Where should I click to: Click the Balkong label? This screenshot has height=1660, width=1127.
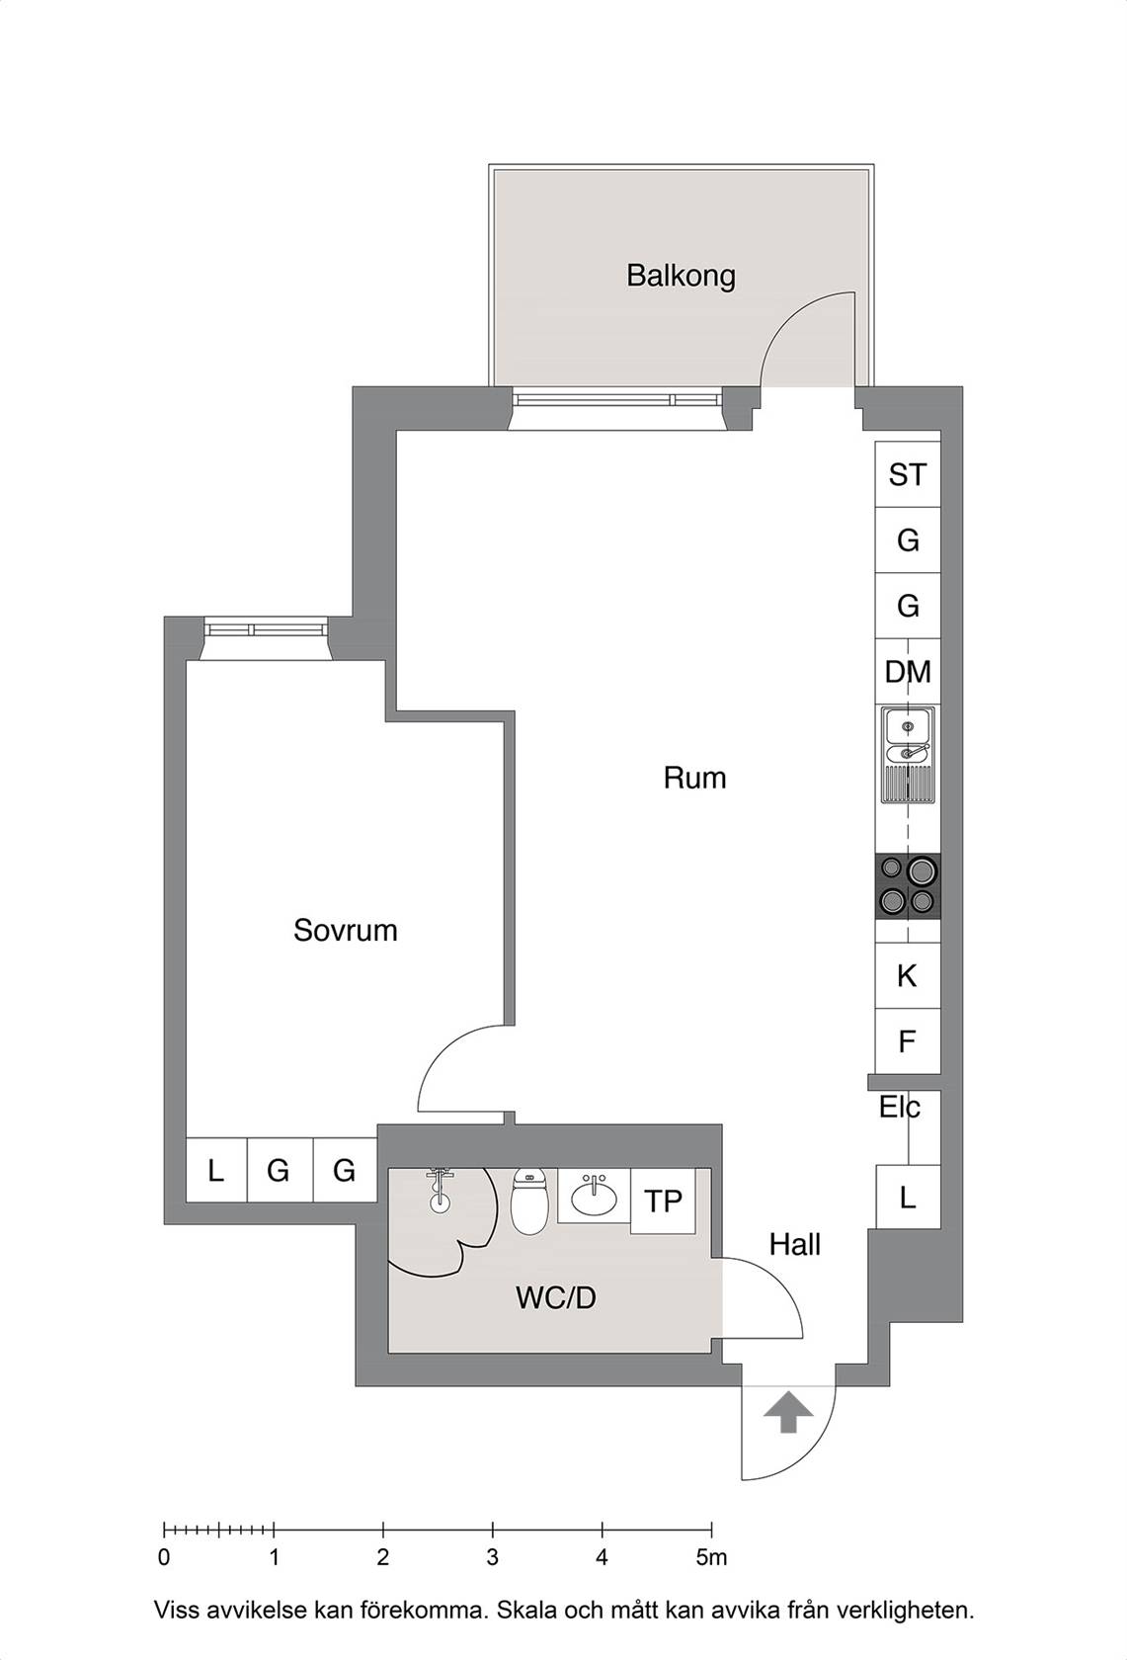[681, 276]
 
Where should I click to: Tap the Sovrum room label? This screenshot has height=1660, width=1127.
[346, 930]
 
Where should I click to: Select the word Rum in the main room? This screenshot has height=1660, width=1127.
[694, 779]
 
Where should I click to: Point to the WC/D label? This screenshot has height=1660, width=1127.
[556, 1298]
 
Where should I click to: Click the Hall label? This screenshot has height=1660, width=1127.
[794, 1244]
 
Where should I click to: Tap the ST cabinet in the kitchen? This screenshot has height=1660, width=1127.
[908, 474]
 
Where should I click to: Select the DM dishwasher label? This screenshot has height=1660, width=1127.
[908, 672]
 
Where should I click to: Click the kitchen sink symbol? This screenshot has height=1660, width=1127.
[908, 755]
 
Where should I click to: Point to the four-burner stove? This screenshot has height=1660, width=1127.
[908, 886]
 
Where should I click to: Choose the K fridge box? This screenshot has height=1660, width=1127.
[908, 975]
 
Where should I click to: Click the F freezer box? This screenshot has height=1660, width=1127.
[908, 1041]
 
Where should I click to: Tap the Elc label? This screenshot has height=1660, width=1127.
[900, 1108]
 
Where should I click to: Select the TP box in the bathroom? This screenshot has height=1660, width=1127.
[663, 1202]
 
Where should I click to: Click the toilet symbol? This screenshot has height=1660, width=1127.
[528, 1202]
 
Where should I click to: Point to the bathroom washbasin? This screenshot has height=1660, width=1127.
[594, 1196]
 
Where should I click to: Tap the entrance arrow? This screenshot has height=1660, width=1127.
[787, 1412]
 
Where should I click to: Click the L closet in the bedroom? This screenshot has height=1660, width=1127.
[215, 1170]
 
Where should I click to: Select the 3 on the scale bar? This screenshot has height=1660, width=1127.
[493, 1557]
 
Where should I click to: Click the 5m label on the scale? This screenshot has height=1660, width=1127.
[711, 1557]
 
